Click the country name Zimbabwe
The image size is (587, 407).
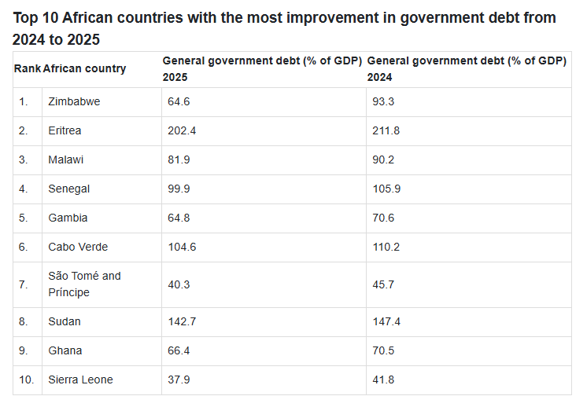click(x=74, y=101)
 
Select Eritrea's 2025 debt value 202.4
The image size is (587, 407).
click(x=182, y=130)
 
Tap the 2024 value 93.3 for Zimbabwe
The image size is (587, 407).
click(x=385, y=101)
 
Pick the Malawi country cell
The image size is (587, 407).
click(x=66, y=159)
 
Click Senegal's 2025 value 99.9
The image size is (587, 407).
click(x=179, y=189)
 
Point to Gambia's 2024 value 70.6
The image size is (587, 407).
click(x=385, y=218)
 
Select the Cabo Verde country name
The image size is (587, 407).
click(x=78, y=247)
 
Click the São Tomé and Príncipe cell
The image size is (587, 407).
click(x=84, y=284)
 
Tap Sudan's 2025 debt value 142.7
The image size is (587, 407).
click(x=182, y=321)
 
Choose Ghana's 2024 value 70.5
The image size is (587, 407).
click(x=385, y=350)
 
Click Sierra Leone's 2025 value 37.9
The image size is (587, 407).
click(x=179, y=379)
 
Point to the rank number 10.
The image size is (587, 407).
click(x=27, y=379)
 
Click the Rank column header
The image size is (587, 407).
click(x=28, y=68)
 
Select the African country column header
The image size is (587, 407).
click(x=84, y=68)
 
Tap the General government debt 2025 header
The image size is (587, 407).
click(x=261, y=68)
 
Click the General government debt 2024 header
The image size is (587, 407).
click(x=467, y=68)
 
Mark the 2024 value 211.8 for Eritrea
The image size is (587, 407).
click(x=386, y=130)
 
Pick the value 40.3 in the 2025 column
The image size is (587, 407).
click(x=179, y=284)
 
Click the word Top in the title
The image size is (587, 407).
click(x=26, y=17)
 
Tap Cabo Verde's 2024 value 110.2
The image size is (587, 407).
click(x=386, y=247)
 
